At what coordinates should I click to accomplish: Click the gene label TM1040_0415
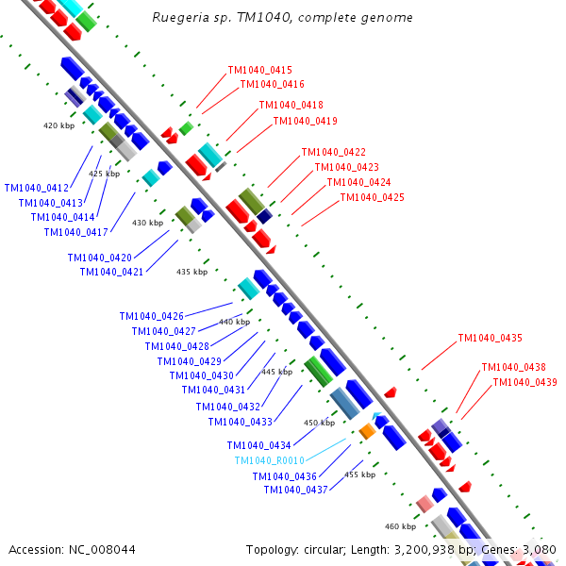point(259,70)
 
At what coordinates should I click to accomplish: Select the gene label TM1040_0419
point(305,121)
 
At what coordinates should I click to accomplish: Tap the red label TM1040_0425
point(372,198)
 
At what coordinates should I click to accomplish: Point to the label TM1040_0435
point(490,338)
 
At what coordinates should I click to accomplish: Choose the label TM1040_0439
point(524,382)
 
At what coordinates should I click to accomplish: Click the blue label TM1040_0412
point(37,188)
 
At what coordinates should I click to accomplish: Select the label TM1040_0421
point(111,272)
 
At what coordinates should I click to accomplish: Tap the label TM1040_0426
point(151,316)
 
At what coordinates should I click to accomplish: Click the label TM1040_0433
point(240,422)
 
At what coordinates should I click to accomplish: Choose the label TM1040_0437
point(295,490)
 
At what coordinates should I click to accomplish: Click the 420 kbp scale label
point(58,125)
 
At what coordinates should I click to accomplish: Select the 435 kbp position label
point(191,272)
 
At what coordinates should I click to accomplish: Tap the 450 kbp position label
point(319,423)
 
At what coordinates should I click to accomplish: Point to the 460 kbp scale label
point(400,526)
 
